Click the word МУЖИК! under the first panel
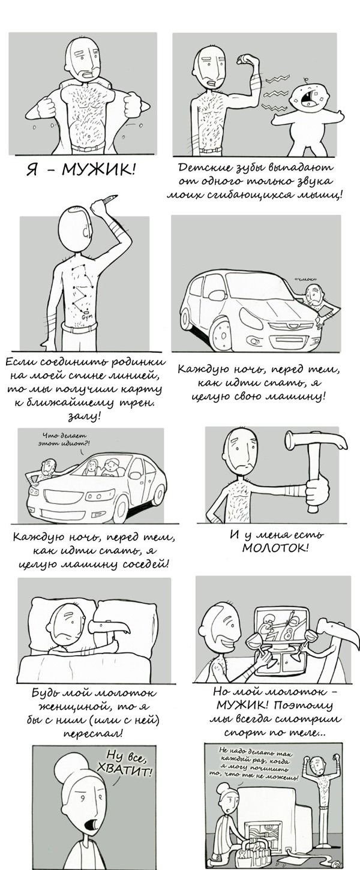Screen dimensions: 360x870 click(x=98, y=170)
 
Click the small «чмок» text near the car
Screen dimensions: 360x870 click(x=305, y=280)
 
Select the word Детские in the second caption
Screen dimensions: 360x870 click(x=202, y=168)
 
